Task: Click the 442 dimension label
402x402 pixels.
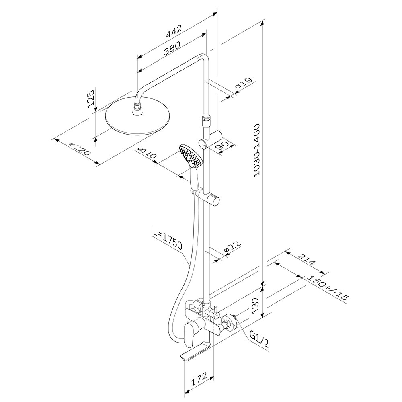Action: click(174, 31)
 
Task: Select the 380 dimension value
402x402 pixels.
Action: click(172, 48)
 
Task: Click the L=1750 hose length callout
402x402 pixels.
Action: click(167, 241)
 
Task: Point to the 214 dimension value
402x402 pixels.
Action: click(307, 259)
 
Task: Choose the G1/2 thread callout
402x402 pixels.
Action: click(259, 339)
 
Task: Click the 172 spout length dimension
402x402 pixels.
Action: click(199, 379)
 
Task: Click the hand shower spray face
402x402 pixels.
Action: click(190, 157)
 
